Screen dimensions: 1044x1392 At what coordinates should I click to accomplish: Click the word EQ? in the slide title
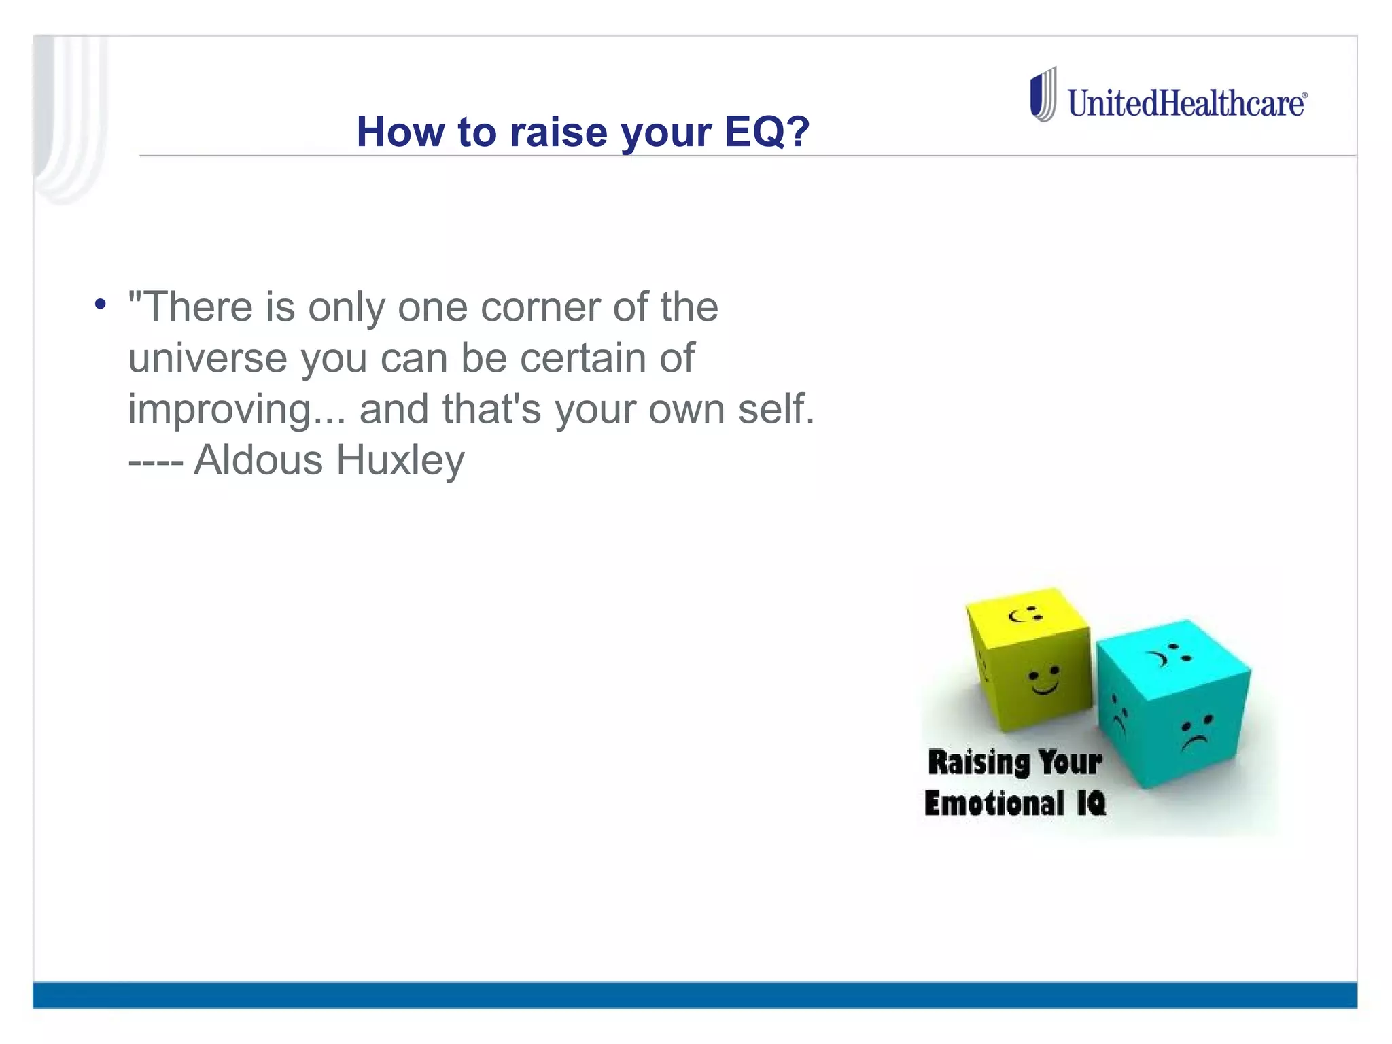766,131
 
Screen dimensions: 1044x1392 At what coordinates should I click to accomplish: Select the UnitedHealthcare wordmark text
1186,104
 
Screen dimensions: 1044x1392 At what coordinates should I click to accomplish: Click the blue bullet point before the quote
101,304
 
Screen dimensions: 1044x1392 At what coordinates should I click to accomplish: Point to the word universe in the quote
207,358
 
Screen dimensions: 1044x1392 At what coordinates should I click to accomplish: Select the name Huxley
400,460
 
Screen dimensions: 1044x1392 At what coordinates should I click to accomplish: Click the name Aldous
258,460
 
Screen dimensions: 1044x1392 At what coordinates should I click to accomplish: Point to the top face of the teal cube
1172,654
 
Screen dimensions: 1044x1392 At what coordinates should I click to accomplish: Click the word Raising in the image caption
978,762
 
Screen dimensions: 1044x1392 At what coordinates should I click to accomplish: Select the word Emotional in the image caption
994,803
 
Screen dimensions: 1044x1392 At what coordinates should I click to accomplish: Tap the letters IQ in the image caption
1091,803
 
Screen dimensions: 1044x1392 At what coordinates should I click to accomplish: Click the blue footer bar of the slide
695,994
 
